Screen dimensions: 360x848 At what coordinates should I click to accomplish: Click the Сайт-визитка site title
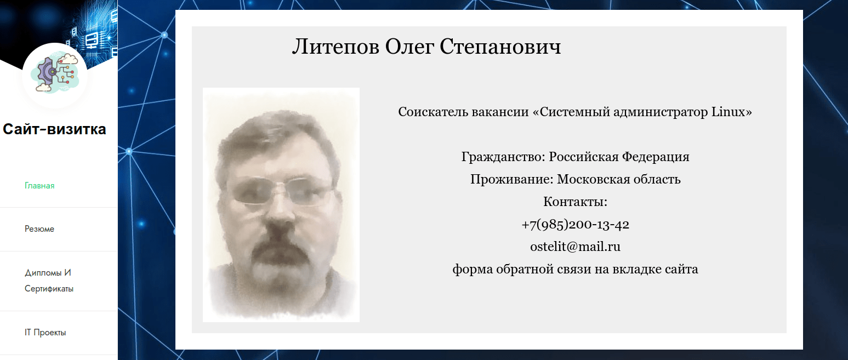54,130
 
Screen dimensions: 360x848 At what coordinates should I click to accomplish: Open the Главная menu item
39,186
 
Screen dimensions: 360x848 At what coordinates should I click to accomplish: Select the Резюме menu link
39,229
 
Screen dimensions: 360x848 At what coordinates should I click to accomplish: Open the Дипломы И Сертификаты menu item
49,281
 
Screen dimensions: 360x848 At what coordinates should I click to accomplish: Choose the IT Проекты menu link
45,333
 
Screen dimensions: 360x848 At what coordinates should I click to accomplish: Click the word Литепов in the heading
335,47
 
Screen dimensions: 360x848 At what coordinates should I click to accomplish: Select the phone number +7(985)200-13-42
575,225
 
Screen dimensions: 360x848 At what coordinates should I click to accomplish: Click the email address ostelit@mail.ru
575,247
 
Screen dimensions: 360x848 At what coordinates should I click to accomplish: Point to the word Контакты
575,202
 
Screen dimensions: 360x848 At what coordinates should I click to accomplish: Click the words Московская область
619,180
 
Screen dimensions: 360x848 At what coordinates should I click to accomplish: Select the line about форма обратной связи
575,270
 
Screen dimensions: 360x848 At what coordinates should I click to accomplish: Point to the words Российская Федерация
619,157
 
